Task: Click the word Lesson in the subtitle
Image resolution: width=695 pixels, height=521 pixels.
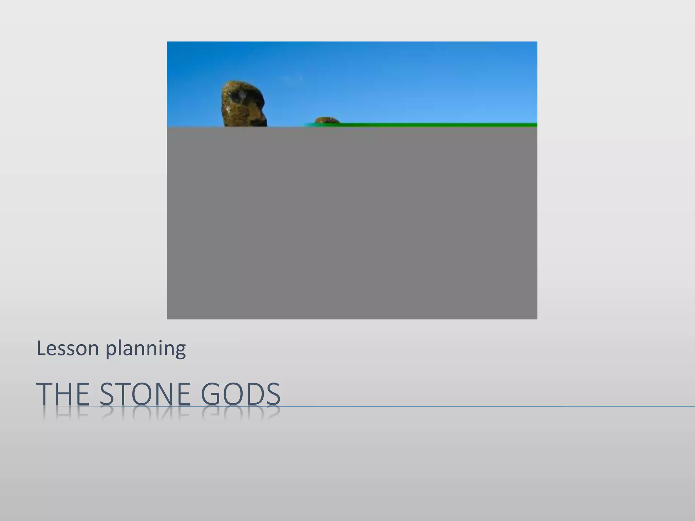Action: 68,348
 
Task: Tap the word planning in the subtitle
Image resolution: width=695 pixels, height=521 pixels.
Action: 146,349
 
